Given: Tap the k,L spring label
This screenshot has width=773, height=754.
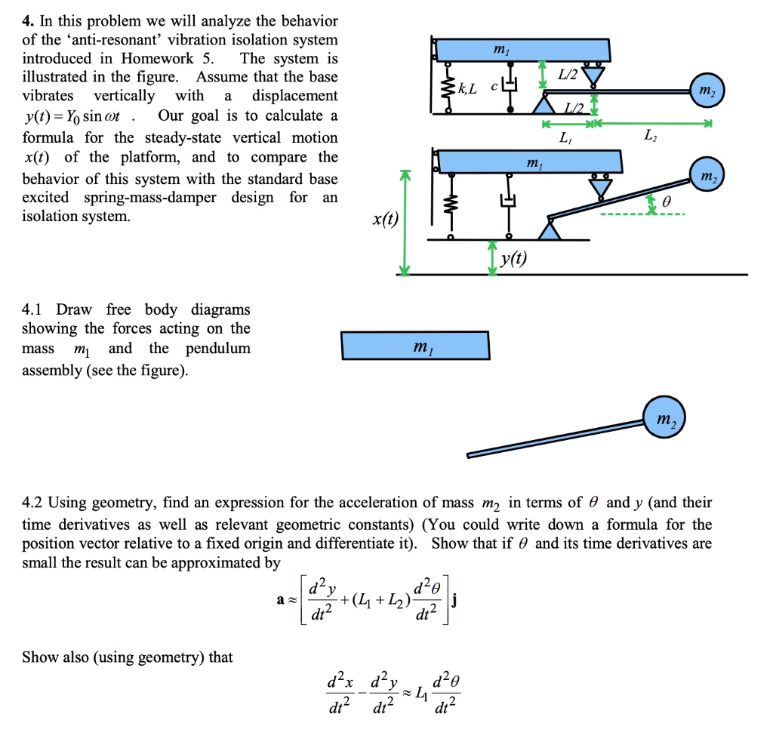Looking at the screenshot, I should coord(468,90).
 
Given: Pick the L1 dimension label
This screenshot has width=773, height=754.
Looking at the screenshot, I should coord(565,138).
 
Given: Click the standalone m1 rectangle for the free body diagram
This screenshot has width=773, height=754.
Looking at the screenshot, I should coord(415,345).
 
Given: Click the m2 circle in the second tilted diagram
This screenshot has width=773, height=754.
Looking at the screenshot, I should coord(707,176).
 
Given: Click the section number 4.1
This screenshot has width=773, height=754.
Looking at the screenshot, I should coord(32,310).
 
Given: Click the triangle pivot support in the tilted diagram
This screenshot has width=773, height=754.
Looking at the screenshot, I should coord(550,229).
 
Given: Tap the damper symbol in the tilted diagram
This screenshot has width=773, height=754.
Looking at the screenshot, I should coord(508,201).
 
